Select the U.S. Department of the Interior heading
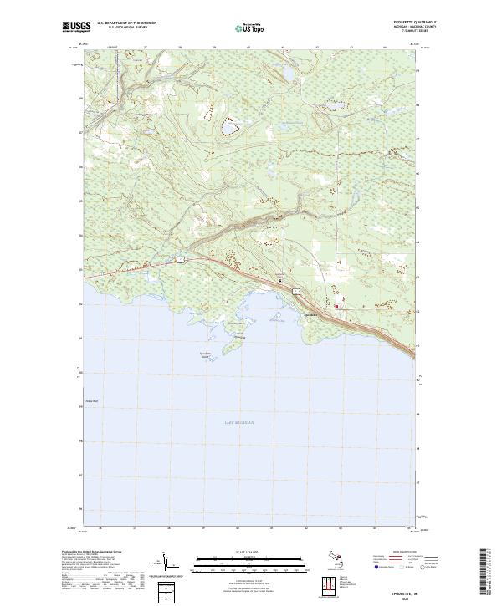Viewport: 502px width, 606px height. click(x=126, y=23)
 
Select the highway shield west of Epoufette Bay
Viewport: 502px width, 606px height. click(x=179, y=262)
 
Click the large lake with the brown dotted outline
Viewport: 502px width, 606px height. click(x=228, y=128)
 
